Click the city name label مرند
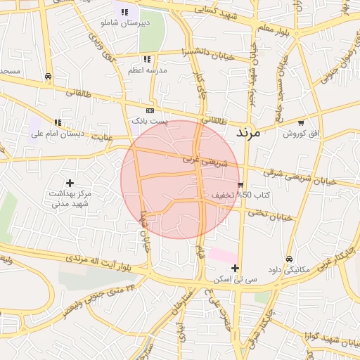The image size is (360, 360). [249, 131]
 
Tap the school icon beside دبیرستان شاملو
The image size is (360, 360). [124, 12]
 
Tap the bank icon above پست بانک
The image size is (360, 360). [150, 111]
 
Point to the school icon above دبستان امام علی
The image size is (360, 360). [58, 122]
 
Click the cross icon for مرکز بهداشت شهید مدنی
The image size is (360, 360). [70, 183]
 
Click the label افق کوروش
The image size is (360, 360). [300, 133]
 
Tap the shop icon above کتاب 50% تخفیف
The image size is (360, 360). [241, 185]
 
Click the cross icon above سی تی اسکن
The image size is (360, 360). [235, 268]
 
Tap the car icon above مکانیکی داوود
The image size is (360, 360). [289, 259]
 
